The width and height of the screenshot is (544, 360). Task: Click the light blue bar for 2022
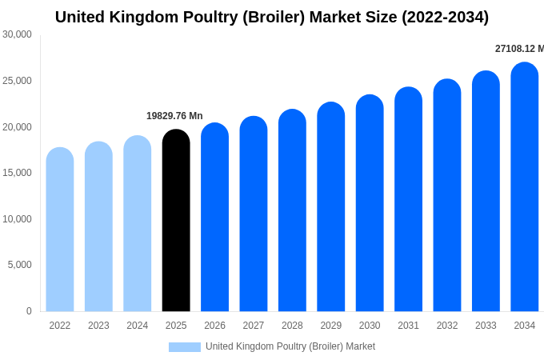click(x=60, y=230)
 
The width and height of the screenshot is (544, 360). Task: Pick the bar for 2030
click(x=370, y=203)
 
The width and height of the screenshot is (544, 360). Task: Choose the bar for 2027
click(x=254, y=214)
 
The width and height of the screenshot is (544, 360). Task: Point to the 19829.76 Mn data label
click(x=174, y=116)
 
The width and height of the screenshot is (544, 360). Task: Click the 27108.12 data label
click(x=518, y=49)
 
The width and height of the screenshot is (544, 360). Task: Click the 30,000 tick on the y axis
click(x=17, y=34)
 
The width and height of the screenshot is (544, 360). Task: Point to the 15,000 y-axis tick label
click(x=17, y=173)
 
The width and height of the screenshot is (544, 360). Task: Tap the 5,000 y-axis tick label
click(x=19, y=265)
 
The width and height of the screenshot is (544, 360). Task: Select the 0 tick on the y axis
click(x=29, y=311)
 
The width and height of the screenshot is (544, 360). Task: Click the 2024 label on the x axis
click(x=138, y=326)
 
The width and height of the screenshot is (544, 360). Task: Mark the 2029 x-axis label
click(x=331, y=326)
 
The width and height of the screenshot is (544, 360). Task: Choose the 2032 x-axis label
click(x=447, y=326)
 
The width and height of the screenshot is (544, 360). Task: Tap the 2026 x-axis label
click(x=214, y=326)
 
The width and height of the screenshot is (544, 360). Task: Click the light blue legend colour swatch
click(x=184, y=347)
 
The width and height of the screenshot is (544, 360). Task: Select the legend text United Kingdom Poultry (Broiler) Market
click(x=290, y=346)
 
